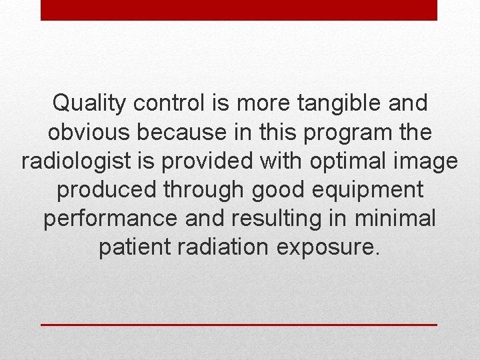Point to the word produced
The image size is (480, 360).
pos(104,191)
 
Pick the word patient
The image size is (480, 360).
pos(134,248)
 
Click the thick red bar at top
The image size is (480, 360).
pos(239,10)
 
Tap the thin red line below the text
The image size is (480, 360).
pos(239,325)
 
